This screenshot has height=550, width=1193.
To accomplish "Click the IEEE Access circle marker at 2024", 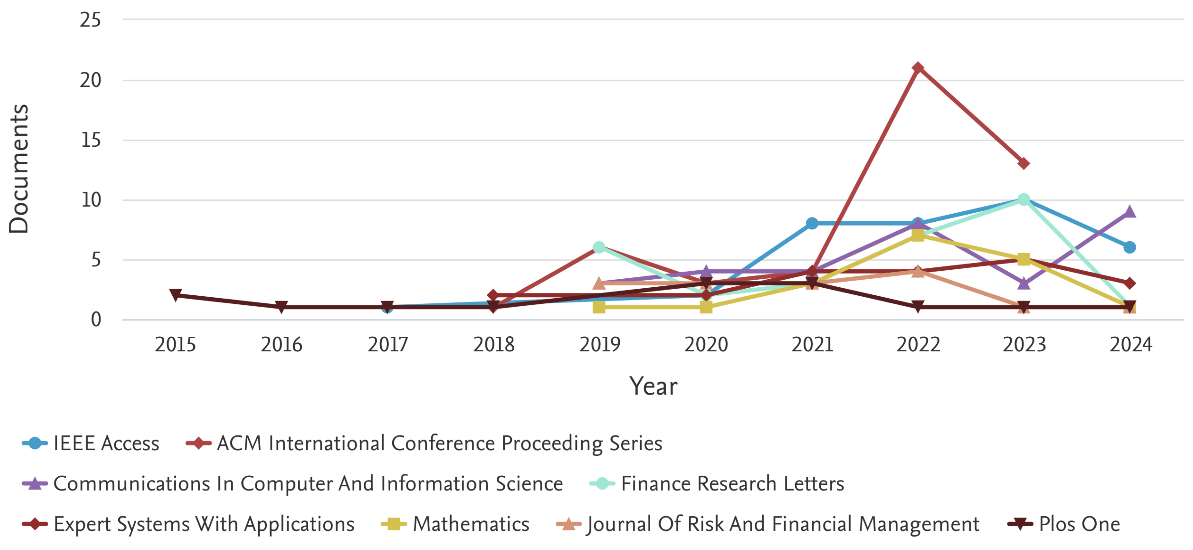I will (1129, 247).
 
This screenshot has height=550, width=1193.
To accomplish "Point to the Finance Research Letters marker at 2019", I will (599, 247).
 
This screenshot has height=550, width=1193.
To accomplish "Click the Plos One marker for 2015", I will (176, 295).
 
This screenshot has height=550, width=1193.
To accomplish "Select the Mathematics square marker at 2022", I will (917, 235).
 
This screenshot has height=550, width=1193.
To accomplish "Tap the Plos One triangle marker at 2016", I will (281, 307).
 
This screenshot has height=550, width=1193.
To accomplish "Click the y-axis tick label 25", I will (90, 21).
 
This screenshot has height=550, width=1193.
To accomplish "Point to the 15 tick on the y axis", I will (91, 140).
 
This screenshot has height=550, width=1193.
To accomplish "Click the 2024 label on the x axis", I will (1131, 345).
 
